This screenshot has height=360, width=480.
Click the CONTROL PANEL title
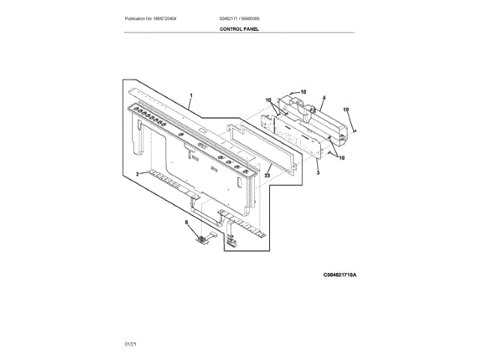[x=239, y=29]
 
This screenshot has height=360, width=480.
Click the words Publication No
[x=139, y=18]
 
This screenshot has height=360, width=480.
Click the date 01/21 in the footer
[x=130, y=343]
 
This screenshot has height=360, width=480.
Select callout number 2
[x=137, y=173]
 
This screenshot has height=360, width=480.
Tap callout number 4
[x=323, y=97]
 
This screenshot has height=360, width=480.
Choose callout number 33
[x=266, y=175]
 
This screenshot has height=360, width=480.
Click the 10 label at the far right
[x=346, y=110]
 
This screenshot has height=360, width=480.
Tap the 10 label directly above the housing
[x=303, y=91]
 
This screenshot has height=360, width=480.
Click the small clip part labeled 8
[x=201, y=238]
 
